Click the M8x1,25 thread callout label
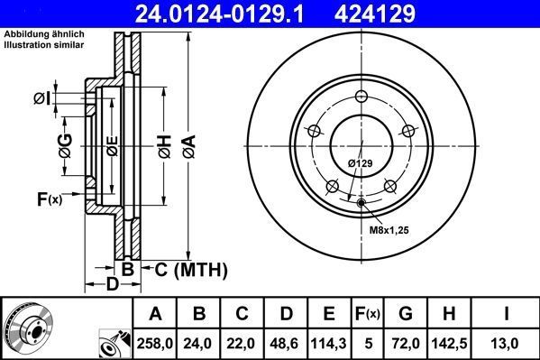pos(388,230)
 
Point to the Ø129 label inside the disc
pos(361,162)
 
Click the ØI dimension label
pos(42,97)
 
